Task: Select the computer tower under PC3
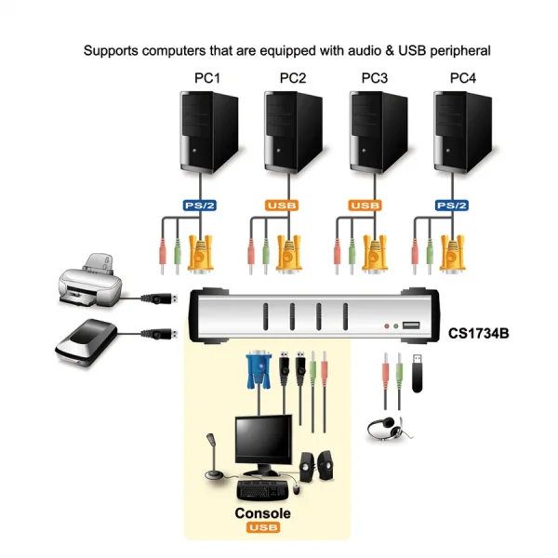(377, 131)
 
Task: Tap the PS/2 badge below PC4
(451, 205)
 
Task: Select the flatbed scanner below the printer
(86, 339)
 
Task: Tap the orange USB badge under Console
(262, 528)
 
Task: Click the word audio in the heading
(339, 49)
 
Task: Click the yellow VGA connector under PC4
(454, 252)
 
